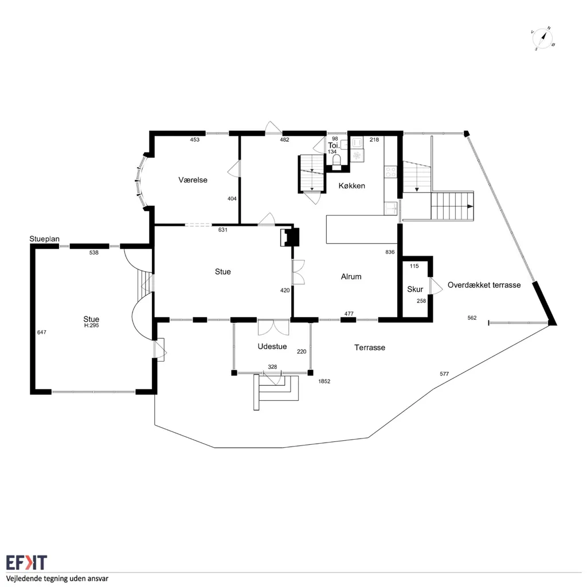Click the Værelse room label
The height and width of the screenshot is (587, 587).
click(193, 180)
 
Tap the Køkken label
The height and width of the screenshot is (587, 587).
click(351, 186)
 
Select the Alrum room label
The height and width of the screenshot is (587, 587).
click(351, 277)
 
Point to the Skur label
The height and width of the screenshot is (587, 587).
click(415, 289)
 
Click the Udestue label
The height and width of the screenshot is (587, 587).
click(272, 346)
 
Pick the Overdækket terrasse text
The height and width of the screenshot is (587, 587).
click(484, 285)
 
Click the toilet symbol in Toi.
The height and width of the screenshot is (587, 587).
click(336, 161)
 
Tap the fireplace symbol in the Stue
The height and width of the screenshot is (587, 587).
click(289, 237)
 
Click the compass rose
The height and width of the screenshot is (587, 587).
click(543, 38)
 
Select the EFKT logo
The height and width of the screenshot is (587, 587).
click(26, 563)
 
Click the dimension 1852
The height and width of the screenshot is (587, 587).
click(324, 381)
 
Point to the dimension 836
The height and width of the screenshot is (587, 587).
click(390, 252)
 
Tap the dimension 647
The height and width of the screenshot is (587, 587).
click(41, 332)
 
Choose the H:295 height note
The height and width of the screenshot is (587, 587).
click(91, 326)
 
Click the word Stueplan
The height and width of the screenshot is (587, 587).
click(45, 239)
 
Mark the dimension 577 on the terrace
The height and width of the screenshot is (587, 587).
click(444, 374)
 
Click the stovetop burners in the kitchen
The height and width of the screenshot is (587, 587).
click(390, 172)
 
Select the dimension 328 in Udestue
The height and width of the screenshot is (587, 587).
click(272, 367)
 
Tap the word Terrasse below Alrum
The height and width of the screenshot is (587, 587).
click(370, 347)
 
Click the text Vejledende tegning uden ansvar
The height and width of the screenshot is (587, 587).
click(57, 578)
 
